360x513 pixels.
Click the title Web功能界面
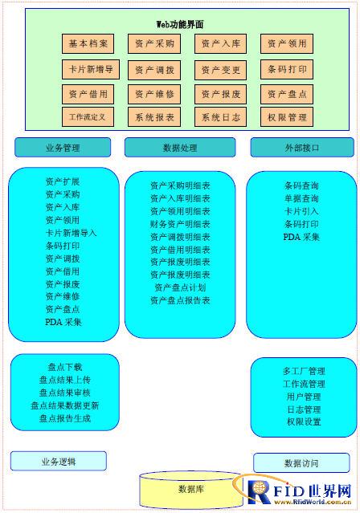(180, 24)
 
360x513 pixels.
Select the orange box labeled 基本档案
(88, 43)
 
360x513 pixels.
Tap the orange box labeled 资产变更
(220, 70)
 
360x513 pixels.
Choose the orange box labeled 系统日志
(220, 117)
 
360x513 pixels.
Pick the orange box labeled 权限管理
(287, 117)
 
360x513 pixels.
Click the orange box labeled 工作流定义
(88, 116)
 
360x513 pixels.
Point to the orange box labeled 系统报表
(154, 117)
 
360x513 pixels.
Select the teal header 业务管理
(63, 148)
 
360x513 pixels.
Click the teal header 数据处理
(180, 148)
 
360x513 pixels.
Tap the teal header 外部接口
(302, 148)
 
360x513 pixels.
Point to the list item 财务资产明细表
(180, 224)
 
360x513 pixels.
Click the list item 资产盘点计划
(180, 287)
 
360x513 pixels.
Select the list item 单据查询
(301, 198)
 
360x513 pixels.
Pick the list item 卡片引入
(301, 211)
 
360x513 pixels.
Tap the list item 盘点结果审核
(65, 393)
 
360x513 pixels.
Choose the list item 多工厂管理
(304, 371)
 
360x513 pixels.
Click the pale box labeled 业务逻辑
(59, 462)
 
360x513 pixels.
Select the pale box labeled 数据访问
(301, 463)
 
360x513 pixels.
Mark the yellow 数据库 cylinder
(191, 489)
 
